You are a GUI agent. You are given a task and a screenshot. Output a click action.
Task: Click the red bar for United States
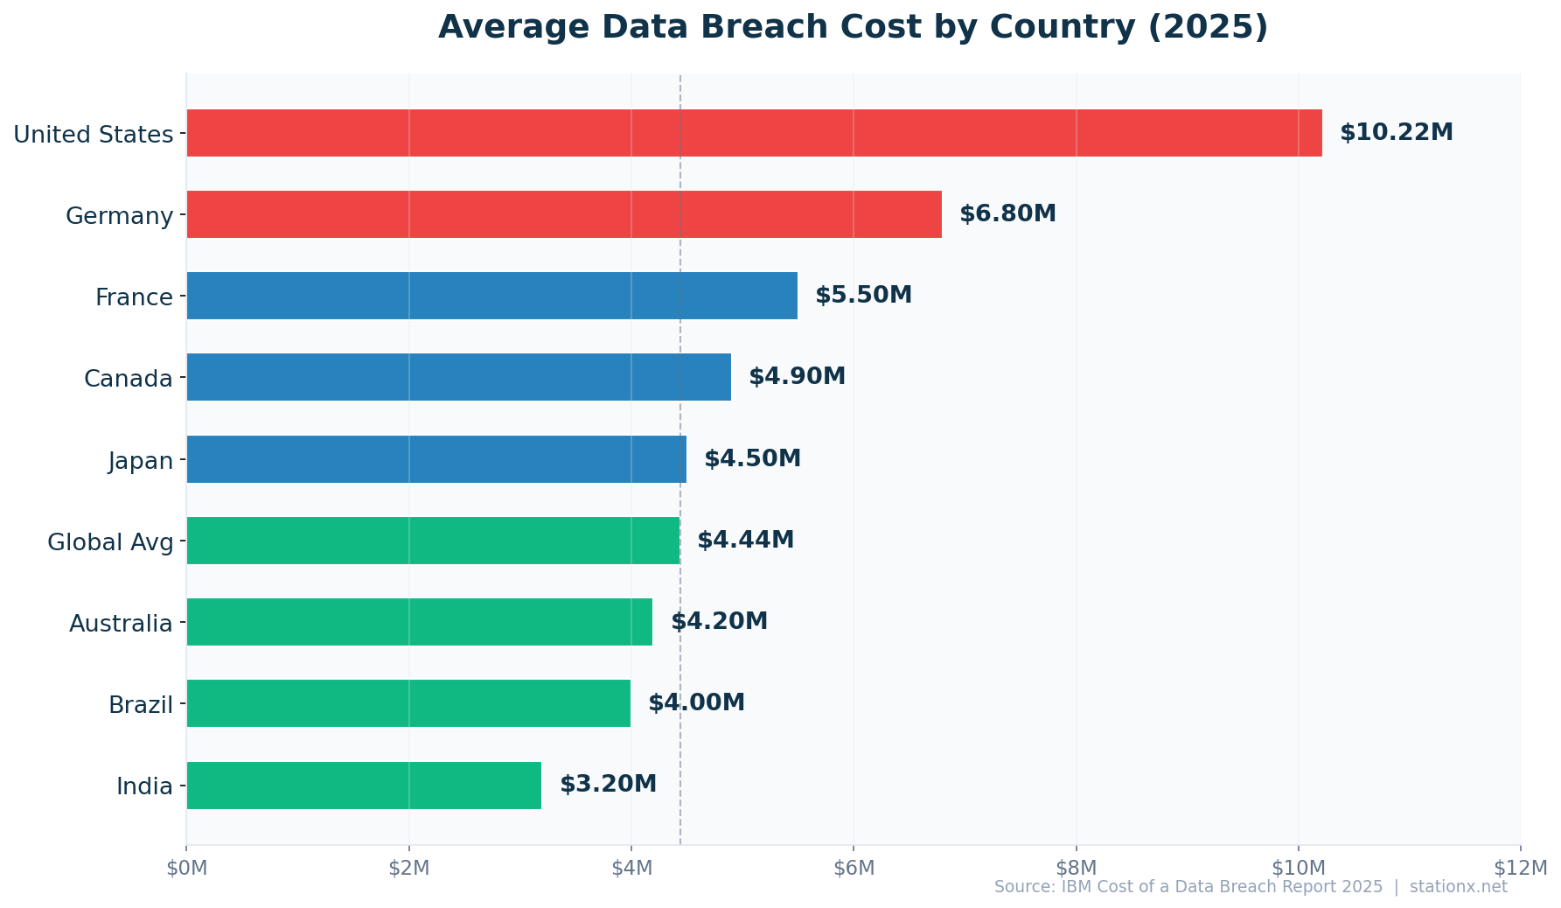pos(754,133)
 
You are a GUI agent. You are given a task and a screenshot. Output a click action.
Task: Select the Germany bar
pos(564,214)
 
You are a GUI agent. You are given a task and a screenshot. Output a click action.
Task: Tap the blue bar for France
pos(491,296)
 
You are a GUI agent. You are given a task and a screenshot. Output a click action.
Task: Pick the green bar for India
pos(364,786)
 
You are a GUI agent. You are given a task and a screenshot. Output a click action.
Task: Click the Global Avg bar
pos(433,541)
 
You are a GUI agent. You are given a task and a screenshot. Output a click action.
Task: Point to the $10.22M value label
pos(1396,133)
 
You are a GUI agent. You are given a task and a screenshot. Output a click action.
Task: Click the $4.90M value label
pos(797,377)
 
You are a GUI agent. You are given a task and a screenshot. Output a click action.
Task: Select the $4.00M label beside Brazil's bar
pos(696,703)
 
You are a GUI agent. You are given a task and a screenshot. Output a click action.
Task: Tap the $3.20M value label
pos(608,785)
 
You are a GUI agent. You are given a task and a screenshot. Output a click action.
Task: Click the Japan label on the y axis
pos(141,461)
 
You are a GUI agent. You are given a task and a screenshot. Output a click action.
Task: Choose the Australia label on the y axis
pos(121,624)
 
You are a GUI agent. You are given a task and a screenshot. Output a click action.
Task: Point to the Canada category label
pos(129,379)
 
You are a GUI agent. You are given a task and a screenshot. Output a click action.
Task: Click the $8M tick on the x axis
pos(1076,867)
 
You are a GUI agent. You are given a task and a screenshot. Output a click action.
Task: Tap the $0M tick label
pos(186,867)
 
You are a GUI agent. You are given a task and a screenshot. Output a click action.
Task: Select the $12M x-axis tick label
pos(1520,867)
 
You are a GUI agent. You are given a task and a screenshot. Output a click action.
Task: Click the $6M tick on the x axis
pos(854,867)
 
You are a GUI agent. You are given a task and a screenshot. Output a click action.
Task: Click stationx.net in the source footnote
pos(1458,887)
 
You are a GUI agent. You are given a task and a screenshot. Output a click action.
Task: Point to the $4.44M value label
pos(745,541)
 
